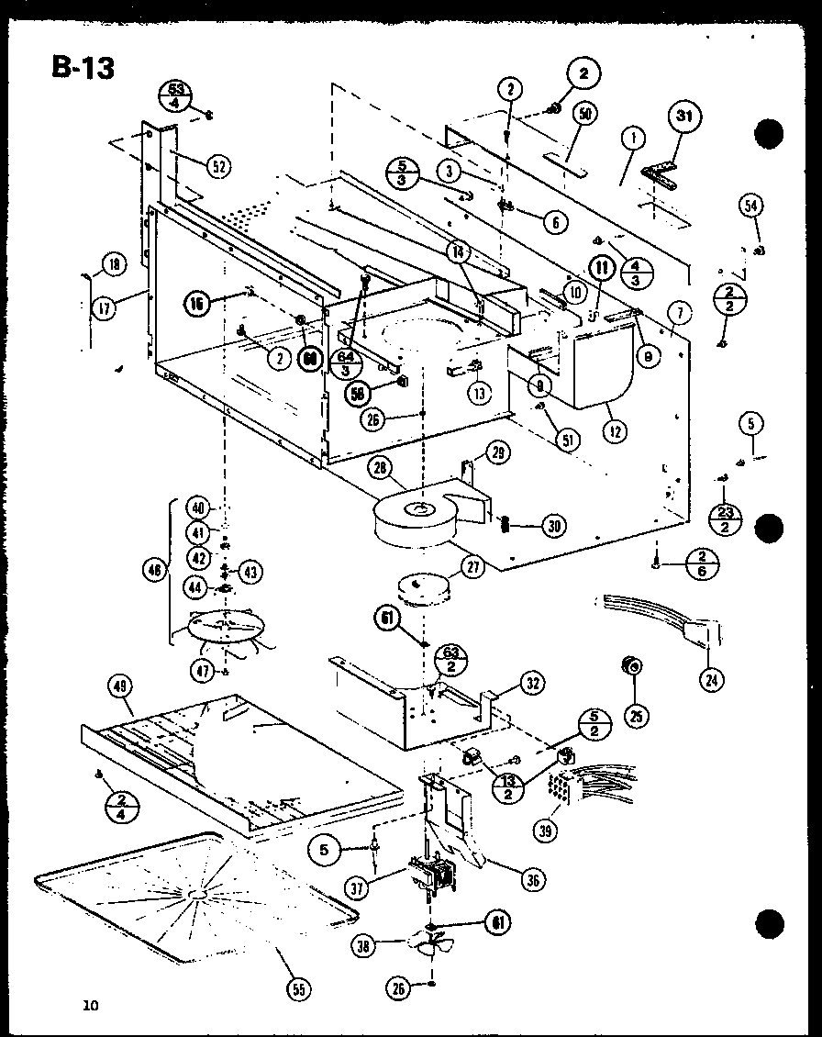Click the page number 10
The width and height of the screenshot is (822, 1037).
tap(89, 1006)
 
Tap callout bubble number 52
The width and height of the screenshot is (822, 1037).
tap(217, 166)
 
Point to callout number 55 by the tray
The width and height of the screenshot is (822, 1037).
tap(298, 988)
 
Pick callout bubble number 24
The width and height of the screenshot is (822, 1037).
tap(709, 680)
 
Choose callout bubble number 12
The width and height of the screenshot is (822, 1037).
tap(606, 429)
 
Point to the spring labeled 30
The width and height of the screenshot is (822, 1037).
tap(505, 525)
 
